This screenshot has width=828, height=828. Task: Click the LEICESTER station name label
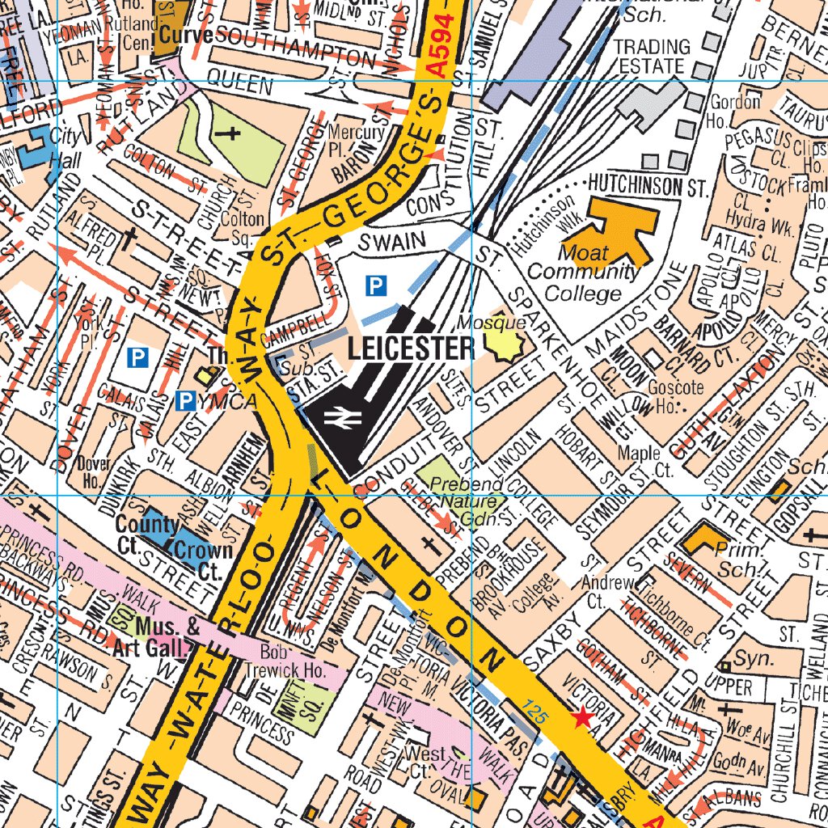pyautogui.click(x=411, y=349)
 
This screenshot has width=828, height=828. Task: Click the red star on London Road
pyautogui.click(x=581, y=717)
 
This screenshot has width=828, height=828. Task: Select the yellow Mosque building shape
pyautogui.click(x=505, y=347)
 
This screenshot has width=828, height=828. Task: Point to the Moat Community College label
pyautogui.click(x=582, y=272)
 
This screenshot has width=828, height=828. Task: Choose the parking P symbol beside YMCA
pyautogui.click(x=185, y=399)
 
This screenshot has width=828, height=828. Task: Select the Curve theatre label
pyautogui.click(x=185, y=36)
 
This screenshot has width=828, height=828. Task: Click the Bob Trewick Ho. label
pyautogui.click(x=293, y=661)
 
